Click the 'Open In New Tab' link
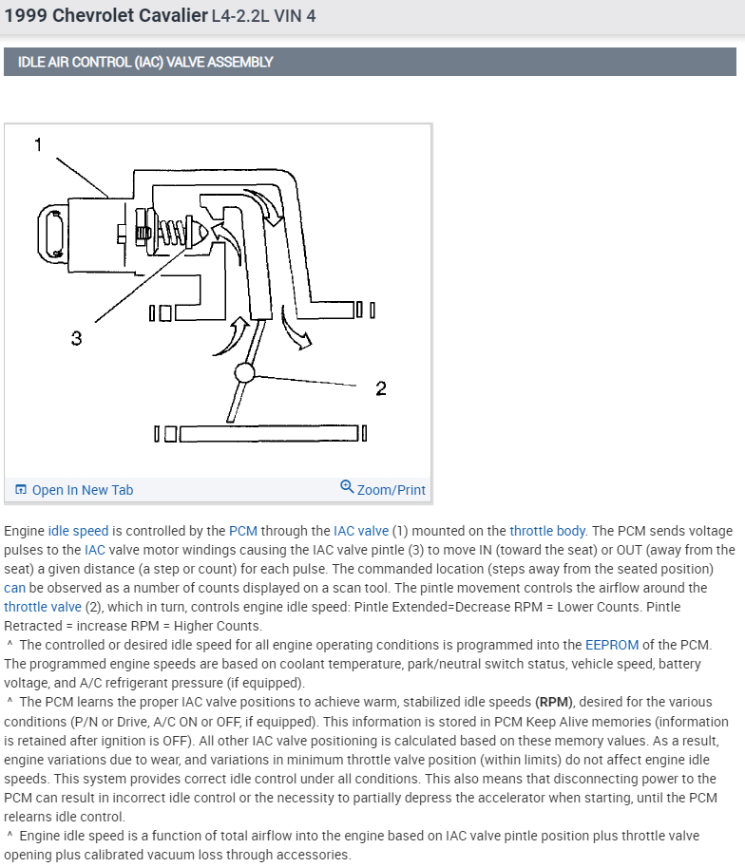[x=82, y=490]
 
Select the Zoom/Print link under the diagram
[x=384, y=489]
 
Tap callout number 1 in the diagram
[x=39, y=144]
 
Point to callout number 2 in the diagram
[x=381, y=387]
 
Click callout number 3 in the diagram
[x=76, y=338]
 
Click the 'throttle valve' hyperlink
[x=43, y=607]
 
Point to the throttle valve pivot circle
[x=244, y=372]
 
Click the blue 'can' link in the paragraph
[x=14, y=588]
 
